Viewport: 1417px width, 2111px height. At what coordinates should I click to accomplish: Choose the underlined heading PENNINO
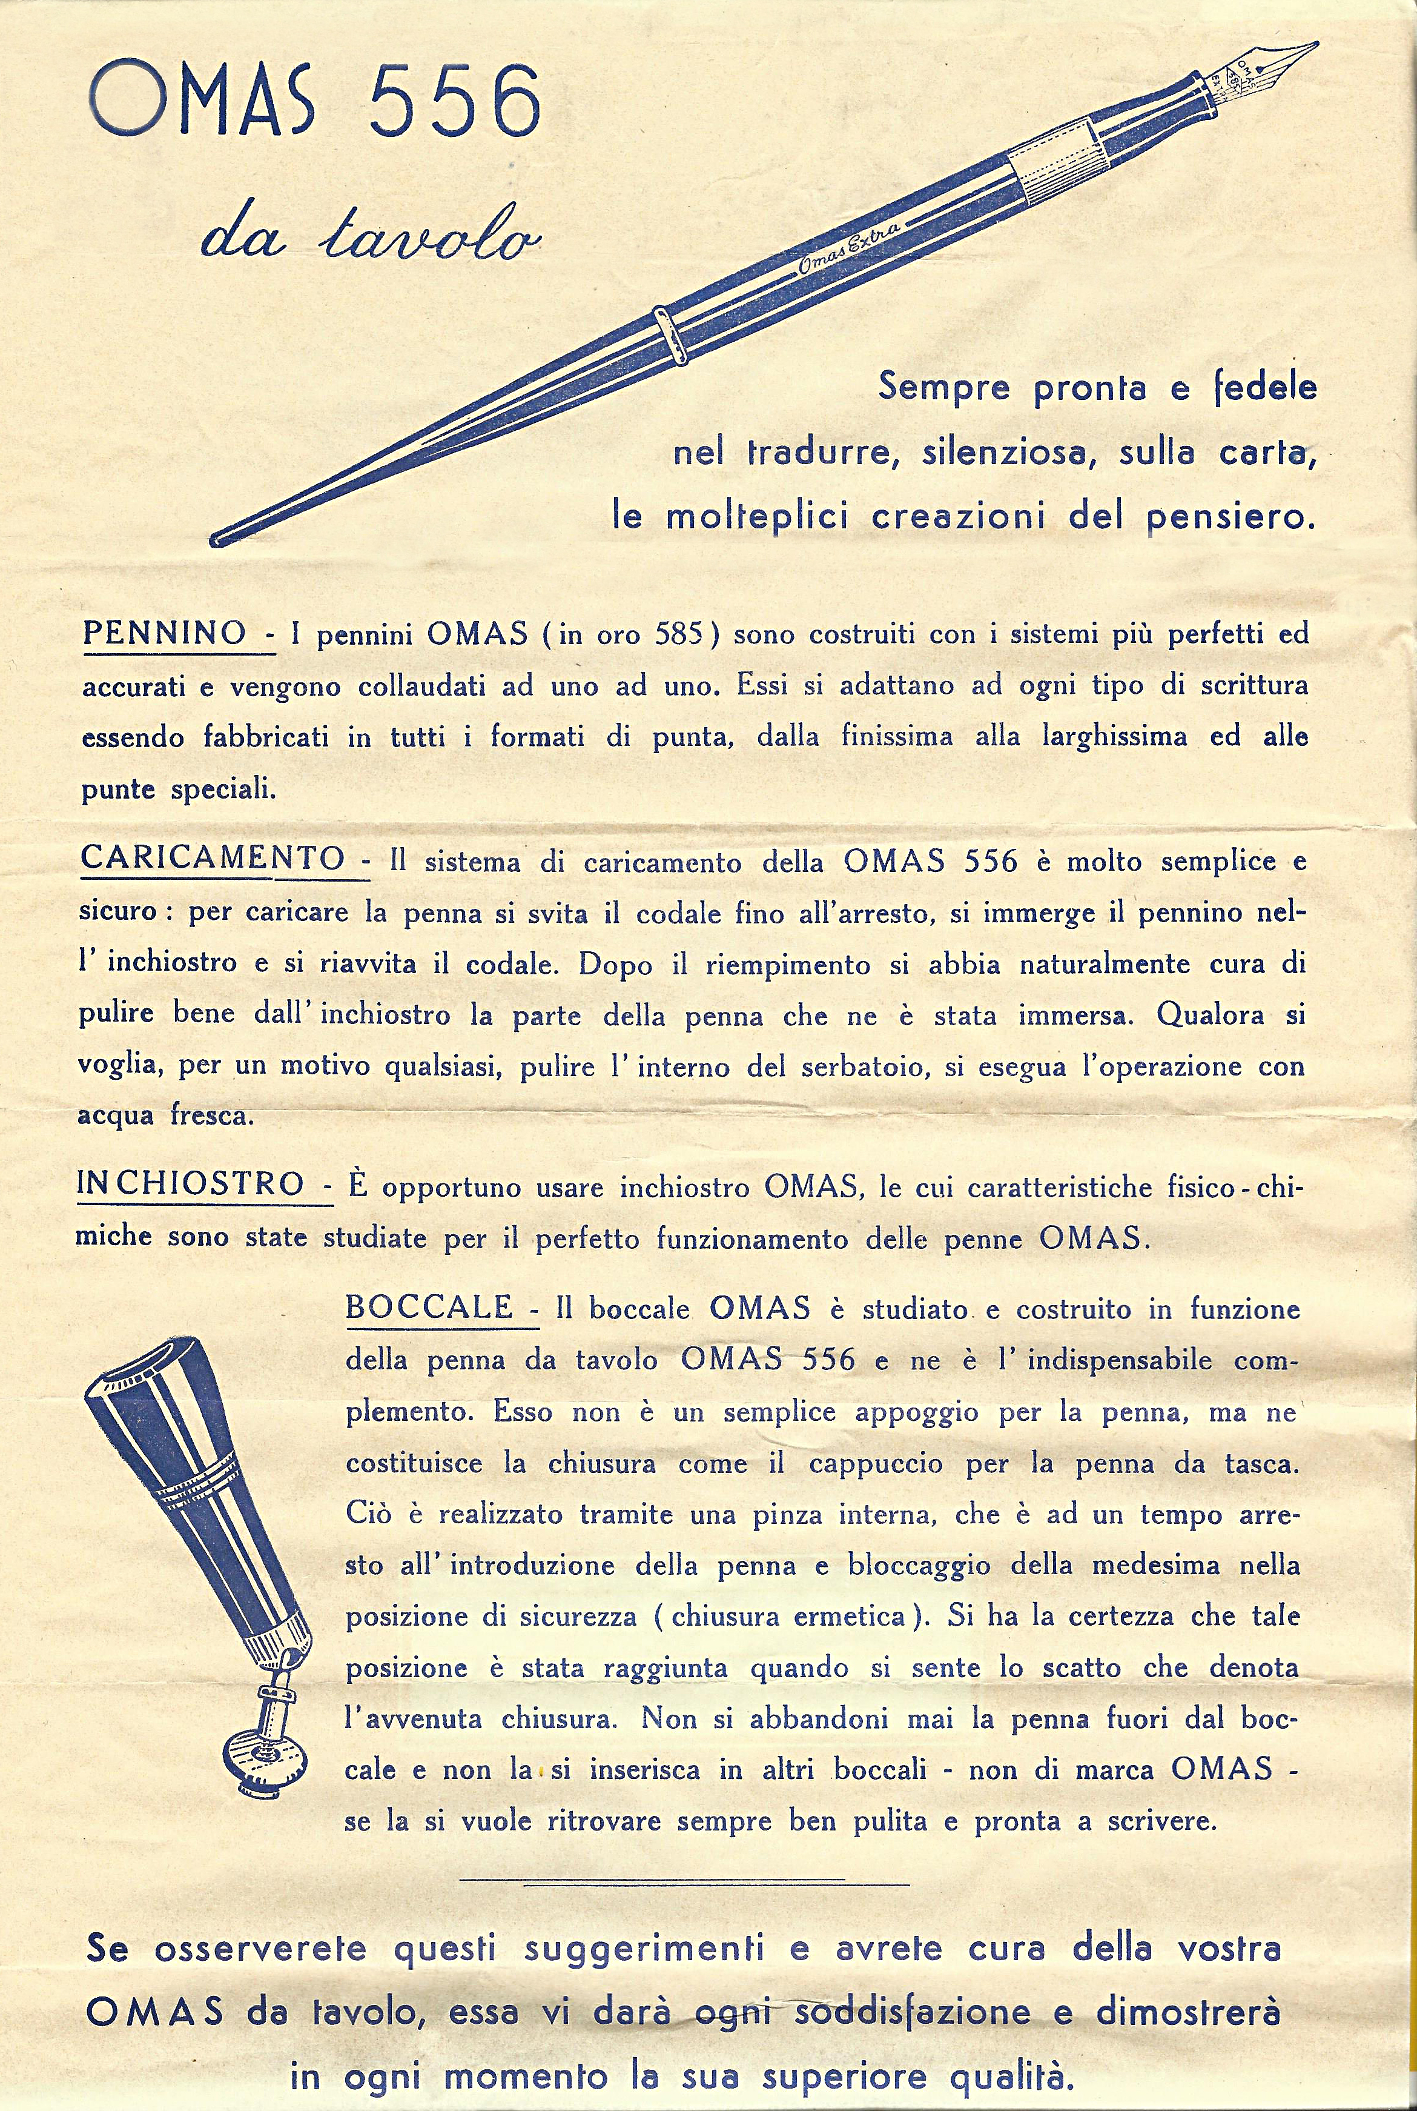pos(165,632)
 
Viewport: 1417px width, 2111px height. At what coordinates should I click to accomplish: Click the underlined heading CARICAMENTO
pos(213,858)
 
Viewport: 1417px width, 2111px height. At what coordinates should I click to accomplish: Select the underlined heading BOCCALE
pos(429,1308)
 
